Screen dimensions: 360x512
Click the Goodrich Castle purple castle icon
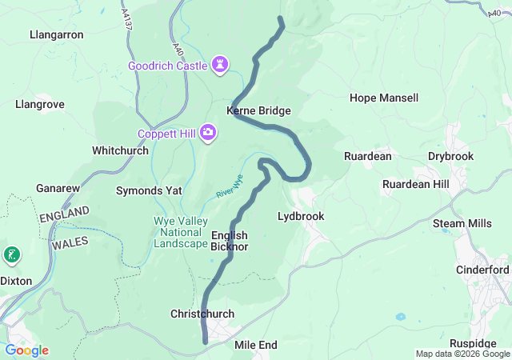point(221,65)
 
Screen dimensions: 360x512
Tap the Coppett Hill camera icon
point(208,132)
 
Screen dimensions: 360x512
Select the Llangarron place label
point(56,35)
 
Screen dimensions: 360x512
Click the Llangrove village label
point(40,104)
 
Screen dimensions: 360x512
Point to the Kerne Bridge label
point(258,110)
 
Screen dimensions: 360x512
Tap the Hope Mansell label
point(384,98)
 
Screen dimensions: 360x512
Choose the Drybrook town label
point(450,156)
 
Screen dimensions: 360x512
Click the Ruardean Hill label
point(416,184)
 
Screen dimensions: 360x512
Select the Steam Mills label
point(463,223)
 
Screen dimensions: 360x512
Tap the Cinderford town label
point(482,270)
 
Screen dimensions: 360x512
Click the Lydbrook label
point(300,216)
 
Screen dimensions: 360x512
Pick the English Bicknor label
point(230,241)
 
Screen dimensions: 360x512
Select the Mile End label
point(255,345)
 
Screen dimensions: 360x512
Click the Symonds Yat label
point(149,191)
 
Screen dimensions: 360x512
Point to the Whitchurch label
point(120,150)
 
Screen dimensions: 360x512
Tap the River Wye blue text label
point(229,186)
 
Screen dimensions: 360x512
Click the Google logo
point(27,350)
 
